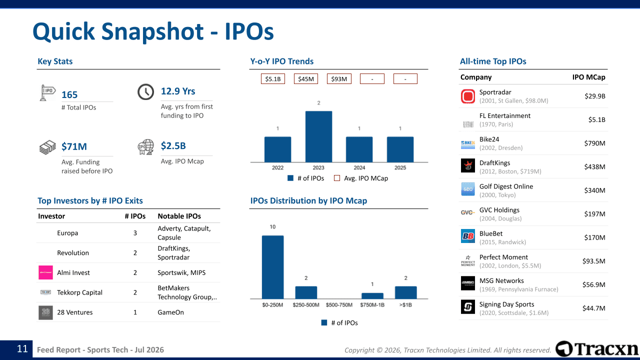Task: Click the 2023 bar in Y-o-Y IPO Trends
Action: point(318,136)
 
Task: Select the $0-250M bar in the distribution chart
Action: point(272,267)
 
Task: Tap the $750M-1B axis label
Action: point(372,305)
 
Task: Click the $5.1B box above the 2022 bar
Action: point(273,79)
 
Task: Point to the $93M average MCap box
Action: point(339,79)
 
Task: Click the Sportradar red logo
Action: point(467,96)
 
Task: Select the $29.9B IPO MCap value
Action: point(595,96)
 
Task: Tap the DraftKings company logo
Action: point(467,165)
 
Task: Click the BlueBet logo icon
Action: point(467,236)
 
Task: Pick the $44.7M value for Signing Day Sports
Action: point(593,308)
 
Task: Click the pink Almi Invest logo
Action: point(45,272)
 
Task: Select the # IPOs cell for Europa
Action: point(135,233)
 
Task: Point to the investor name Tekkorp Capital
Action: point(79,292)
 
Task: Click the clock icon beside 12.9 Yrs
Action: point(145,92)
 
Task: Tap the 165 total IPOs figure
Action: point(69,95)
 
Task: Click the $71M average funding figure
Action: point(74,146)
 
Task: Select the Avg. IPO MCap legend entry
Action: point(361,178)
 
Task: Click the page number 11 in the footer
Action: point(22,349)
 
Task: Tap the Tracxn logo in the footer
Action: point(596,349)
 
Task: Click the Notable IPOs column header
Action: point(179,216)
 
